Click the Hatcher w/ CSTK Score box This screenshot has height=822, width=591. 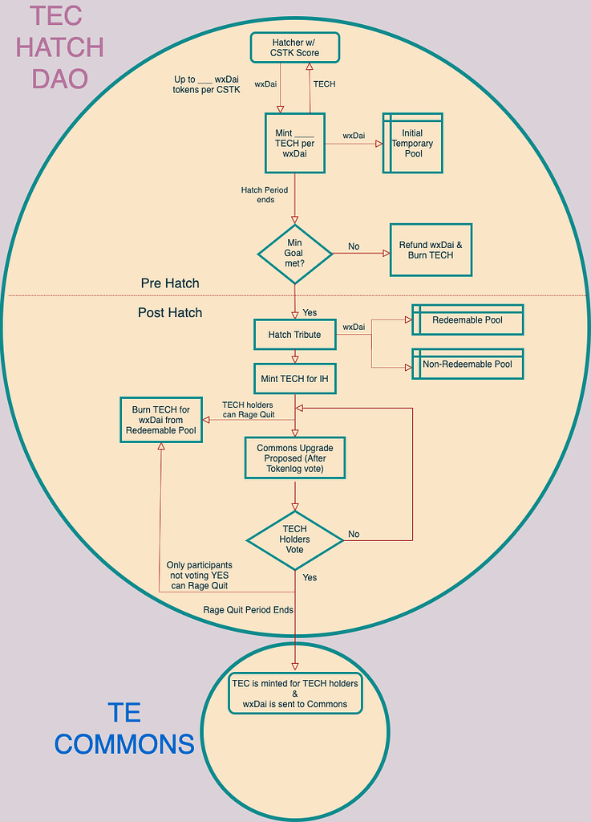(295, 47)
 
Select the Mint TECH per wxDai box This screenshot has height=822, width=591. (294, 143)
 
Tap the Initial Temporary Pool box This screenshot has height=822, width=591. (413, 144)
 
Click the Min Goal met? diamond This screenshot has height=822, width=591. (294, 254)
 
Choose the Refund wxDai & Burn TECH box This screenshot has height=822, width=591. (431, 250)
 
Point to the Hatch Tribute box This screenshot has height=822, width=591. (294, 335)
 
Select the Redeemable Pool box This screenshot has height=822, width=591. (468, 319)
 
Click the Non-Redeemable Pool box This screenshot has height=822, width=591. (468, 364)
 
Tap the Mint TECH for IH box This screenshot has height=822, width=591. (294, 378)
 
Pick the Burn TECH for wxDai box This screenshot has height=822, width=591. (161, 420)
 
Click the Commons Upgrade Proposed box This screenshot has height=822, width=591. (294, 458)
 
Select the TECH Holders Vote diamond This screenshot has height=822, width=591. (294, 539)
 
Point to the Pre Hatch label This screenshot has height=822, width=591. (170, 283)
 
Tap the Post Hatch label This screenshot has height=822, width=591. (170, 312)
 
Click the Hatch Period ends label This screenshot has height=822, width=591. (264, 195)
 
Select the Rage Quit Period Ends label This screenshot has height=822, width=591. (248, 610)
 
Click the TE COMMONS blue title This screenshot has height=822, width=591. (124, 728)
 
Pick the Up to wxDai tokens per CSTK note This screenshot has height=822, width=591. (207, 84)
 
